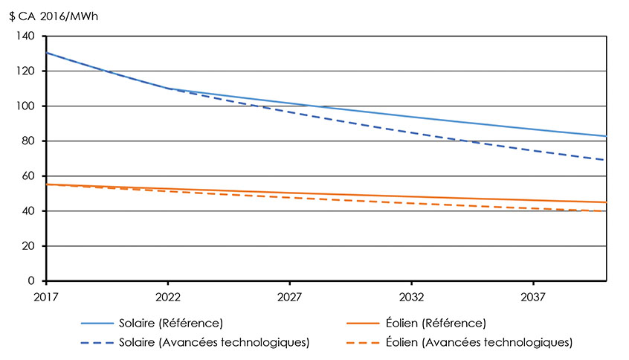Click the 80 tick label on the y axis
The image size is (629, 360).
point(28,141)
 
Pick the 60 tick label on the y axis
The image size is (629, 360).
point(28,176)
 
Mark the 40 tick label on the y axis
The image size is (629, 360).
point(28,211)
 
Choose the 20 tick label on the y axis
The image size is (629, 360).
point(28,246)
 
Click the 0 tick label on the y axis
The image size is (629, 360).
point(31,281)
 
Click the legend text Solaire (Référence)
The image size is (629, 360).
point(171,324)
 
